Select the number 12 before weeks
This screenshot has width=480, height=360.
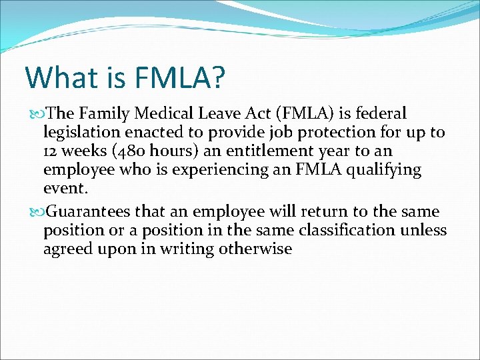tap(51, 152)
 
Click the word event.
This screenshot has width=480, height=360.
tap(65, 189)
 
